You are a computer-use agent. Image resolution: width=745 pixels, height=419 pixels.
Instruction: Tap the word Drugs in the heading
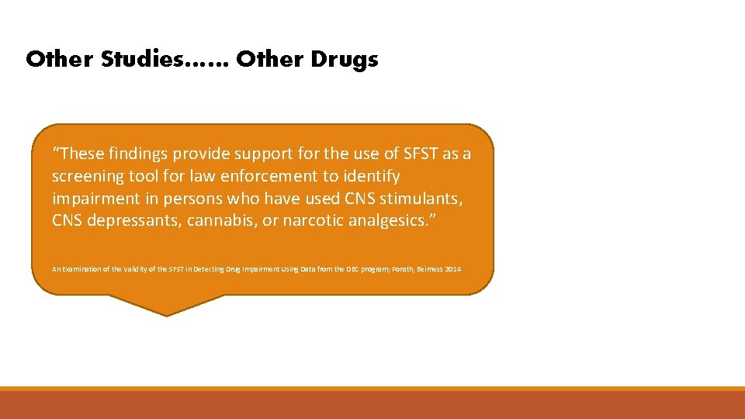click(x=347, y=60)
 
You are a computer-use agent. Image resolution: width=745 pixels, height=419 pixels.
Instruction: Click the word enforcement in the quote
click(x=265, y=176)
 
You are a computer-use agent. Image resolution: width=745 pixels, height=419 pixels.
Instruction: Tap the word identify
click(x=370, y=176)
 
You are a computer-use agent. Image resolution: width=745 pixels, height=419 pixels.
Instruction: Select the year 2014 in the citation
click(x=453, y=269)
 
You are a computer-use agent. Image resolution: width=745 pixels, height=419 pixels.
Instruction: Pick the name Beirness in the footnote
click(x=425, y=269)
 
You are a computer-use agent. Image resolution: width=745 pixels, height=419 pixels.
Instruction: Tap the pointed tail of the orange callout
click(x=166, y=310)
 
